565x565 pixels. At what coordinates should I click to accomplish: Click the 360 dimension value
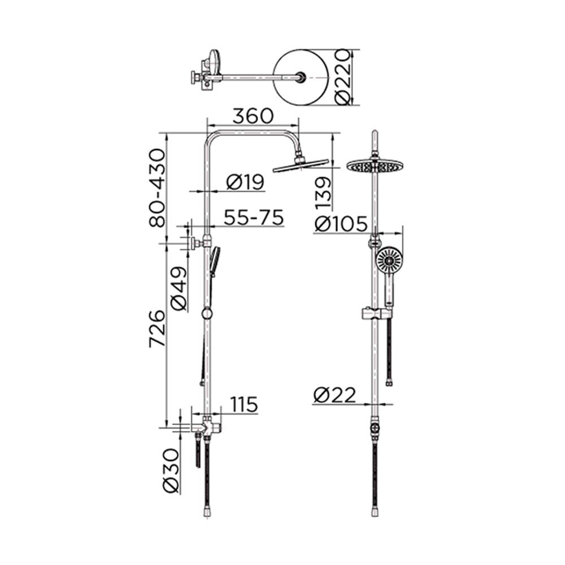253,115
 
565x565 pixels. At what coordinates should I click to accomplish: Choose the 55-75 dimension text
253,218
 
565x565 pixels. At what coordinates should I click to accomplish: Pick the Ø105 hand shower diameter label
342,224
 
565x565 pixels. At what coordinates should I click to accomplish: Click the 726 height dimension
157,328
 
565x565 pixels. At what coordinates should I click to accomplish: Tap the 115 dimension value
244,405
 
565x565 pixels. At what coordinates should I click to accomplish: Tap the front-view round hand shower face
389,260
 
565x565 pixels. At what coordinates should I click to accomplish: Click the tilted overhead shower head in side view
301,165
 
